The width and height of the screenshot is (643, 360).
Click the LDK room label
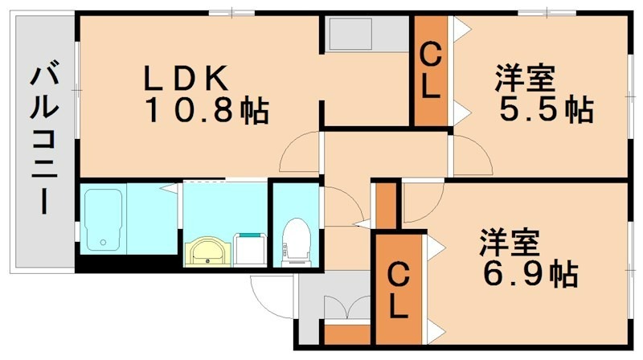click(x=187, y=78)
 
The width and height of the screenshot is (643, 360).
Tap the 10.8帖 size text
click(x=207, y=110)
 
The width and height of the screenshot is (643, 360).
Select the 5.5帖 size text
click(x=546, y=109)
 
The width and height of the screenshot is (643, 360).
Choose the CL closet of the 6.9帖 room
click(x=398, y=290)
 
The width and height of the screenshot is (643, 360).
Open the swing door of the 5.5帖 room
click(x=468, y=154)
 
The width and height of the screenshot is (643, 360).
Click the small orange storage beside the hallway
click(x=387, y=206)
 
